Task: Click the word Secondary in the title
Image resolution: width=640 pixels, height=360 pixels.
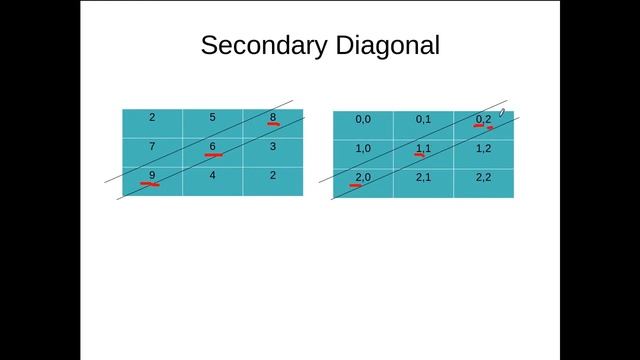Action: (262, 45)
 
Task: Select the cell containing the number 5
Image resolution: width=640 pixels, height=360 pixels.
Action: (212, 118)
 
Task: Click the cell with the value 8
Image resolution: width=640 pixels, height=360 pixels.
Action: (272, 118)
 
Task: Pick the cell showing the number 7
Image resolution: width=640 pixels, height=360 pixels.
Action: (152, 147)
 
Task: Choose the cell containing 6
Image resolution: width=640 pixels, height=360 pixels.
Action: (212, 147)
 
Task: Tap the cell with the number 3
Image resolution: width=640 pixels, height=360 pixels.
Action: (272, 147)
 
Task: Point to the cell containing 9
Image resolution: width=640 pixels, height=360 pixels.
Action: (152, 176)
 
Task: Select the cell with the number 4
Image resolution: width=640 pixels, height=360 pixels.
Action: (212, 176)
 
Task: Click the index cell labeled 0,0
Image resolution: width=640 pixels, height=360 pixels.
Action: (363, 120)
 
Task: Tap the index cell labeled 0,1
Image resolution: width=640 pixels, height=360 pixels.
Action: (423, 120)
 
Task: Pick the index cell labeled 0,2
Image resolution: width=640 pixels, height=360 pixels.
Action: (483, 120)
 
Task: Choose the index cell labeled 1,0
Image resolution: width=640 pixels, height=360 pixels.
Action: (363, 149)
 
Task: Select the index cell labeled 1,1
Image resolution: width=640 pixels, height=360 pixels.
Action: (423, 149)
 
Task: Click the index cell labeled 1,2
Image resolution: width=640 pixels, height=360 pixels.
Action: (483, 149)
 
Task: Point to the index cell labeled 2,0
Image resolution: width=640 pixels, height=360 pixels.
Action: (363, 178)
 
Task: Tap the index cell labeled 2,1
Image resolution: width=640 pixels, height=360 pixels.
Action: (423, 178)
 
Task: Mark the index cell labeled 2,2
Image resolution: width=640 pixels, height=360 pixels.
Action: (483, 178)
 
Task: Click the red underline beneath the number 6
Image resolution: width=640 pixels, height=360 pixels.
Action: (213, 155)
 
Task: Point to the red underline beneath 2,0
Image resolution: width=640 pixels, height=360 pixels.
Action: (358, 185)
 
